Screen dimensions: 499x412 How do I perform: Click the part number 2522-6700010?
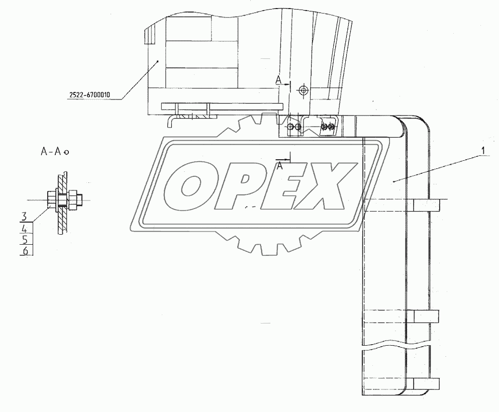pyautogui.click(x=90, y=94)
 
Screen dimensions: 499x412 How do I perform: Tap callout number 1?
pyautogui.click(x=483, y=150)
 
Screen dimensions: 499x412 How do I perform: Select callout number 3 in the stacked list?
pyautogui.click(x=24, y=217)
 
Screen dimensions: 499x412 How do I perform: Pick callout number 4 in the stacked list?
pyautogui.click(x=25, y=229)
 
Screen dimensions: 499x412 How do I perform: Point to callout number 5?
pyautogui.click(x=25, y=240)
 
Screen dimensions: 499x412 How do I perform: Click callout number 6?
pyautogui.click(x=25, y=251)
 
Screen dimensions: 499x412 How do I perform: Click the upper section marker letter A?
pyautogui.click(x=278, y=81)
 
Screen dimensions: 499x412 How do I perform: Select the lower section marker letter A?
pyautogui.click(x=279, y=165)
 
